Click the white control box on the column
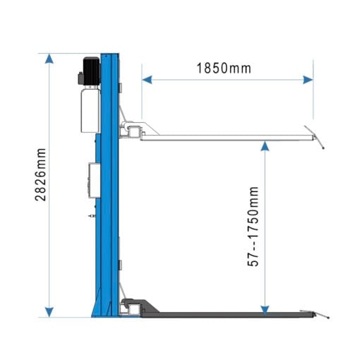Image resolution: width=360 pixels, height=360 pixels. point(92,179)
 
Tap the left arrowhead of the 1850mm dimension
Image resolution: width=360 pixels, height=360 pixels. point(145,80)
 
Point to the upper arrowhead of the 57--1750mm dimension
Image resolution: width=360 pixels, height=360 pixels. point(265,145)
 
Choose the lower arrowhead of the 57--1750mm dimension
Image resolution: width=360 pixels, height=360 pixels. point(265,308)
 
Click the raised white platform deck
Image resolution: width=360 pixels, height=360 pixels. point(226,138)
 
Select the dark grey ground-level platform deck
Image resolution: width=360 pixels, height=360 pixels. point(226,316)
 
